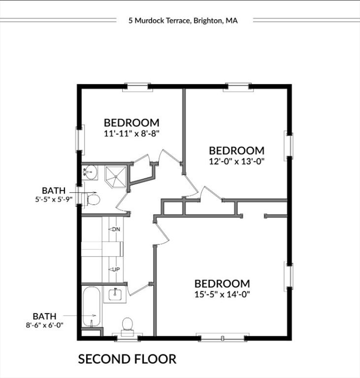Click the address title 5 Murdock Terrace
click(183, 21)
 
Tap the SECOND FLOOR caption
click(127, 359)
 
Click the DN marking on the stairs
click(116, 230)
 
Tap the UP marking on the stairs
click(116, 269)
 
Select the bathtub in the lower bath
click(92, 308)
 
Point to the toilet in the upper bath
click(93, 199)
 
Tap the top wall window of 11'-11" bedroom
click(137, 87)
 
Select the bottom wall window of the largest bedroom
click(222, 338)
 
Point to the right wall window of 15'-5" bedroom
click(289, 276)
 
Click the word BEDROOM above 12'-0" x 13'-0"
click(236, 151)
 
